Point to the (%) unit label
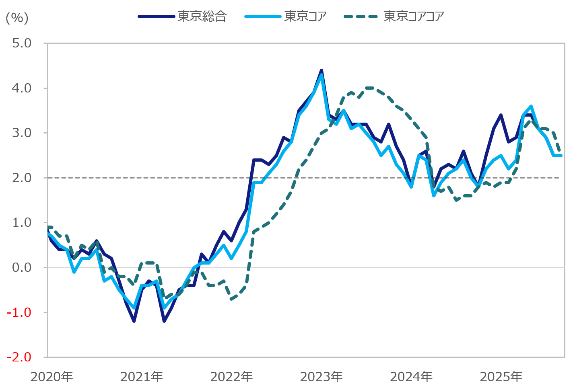(17, 18)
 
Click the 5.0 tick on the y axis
(22, 43)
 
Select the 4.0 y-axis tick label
(22, 88)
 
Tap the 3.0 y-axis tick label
(22, 133)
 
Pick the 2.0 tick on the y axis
(22, 178)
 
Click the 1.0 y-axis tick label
(22, 222)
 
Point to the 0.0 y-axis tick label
(22, 267)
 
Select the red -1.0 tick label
(19, 312)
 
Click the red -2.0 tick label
(19, 357)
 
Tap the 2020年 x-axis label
(52, 377)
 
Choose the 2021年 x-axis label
(142, 377)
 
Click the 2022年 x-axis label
(231, 377)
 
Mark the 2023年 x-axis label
(321, 377)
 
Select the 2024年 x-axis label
(411, 377)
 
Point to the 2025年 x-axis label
(501, 377)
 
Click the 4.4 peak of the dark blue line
(321, 71)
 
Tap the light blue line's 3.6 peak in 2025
(531, 106)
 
